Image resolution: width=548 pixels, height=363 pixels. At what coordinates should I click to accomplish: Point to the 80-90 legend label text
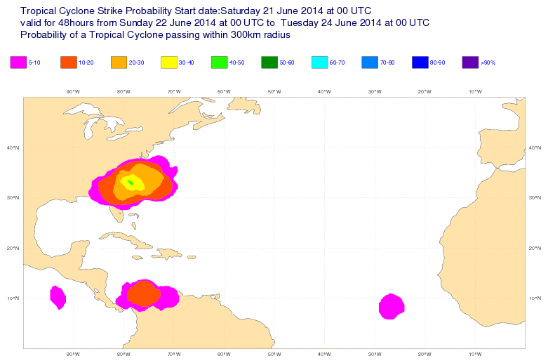coord(437,63)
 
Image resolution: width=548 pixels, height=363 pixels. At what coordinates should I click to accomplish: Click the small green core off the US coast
coord(131,183)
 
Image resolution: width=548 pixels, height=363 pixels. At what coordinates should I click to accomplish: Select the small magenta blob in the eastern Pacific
coord(58,297)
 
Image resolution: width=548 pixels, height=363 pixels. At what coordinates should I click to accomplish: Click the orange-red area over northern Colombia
coord(144,294)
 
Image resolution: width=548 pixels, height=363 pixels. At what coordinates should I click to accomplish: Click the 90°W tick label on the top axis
coord(72,91)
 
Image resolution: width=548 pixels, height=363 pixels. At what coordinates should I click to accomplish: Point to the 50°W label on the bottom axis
coord(274,353)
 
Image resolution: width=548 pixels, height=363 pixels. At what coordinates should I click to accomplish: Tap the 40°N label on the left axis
coord(12,147)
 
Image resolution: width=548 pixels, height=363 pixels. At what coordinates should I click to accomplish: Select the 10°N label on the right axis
coord(535,298)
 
